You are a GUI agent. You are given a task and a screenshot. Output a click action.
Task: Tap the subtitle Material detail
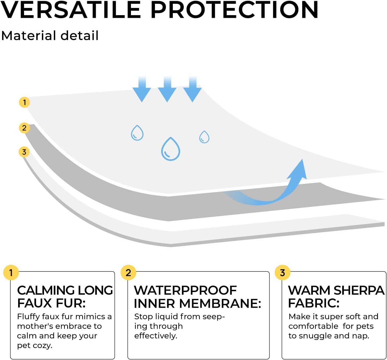point(50,35)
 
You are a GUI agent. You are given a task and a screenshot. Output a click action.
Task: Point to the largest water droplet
point(170,149)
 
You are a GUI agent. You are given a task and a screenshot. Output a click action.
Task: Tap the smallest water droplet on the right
point(204,137)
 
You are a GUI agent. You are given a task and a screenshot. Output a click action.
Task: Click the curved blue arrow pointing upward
point(277,189)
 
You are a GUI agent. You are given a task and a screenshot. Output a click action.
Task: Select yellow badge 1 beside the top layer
point(24,102)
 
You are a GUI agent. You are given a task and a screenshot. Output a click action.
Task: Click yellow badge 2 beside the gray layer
point(24,128)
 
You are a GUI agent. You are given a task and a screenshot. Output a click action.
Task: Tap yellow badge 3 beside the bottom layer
point(24,152)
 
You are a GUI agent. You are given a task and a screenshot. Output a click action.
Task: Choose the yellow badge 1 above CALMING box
point(11,273)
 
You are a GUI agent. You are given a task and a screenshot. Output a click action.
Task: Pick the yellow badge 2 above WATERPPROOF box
point(128,273)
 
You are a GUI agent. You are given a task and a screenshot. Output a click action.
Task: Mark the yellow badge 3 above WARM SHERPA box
point(282,273)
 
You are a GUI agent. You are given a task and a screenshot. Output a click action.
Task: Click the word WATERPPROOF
point(185,290)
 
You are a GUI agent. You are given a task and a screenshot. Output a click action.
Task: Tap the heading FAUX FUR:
point(51,303)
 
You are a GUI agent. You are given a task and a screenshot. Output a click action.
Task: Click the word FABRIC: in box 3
point(314,303)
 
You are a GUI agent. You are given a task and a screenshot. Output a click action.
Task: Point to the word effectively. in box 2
point(155,336)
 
